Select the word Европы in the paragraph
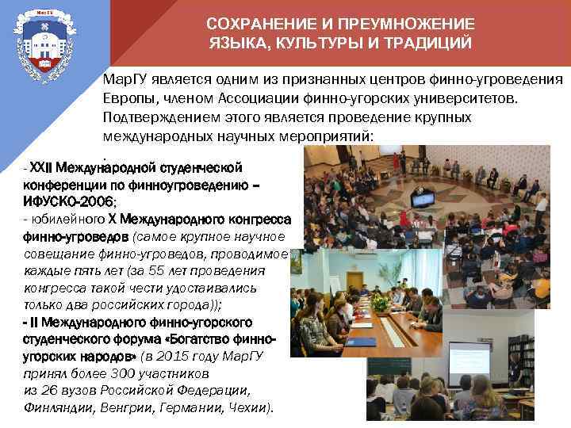pos(125,98)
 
